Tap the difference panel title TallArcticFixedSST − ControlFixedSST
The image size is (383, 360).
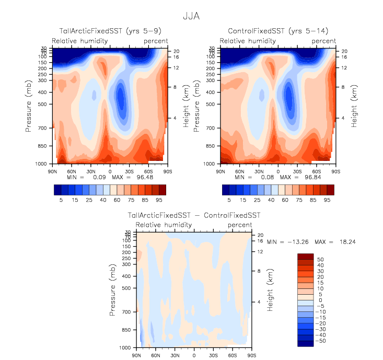(x=194, y=215)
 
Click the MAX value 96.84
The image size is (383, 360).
(x=307, y=178)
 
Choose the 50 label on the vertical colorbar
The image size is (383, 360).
(x=320, y=259)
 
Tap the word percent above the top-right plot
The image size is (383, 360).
(x=324, y=41)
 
